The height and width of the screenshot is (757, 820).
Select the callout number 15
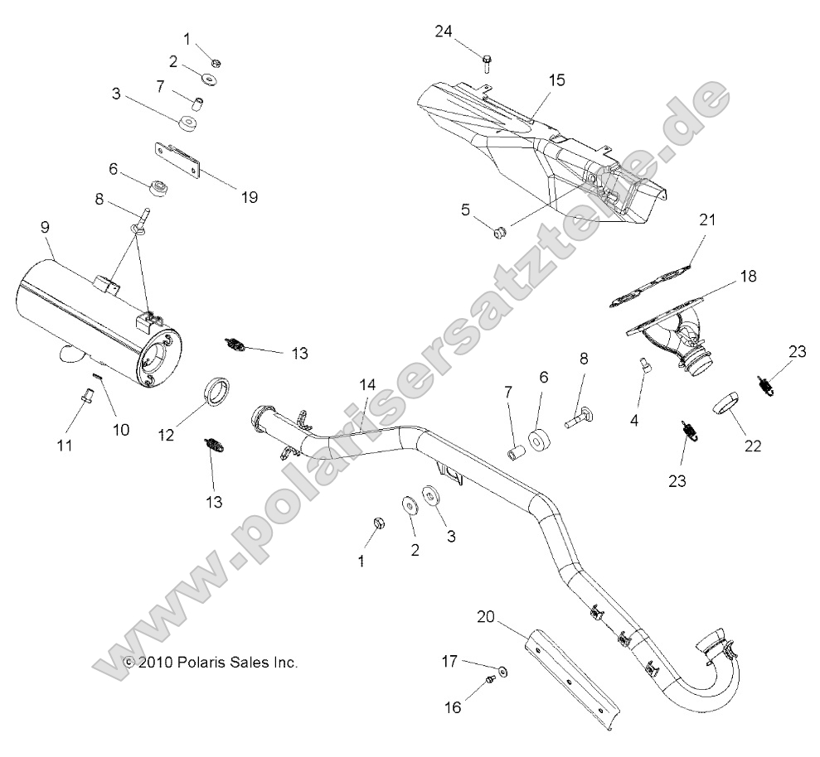click(x=556, y=80)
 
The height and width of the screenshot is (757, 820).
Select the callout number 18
click(x=748, y=277)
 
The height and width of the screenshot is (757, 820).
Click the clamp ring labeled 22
click(x=725, y=403)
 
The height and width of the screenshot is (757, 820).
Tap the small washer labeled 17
click(x=505, y=668)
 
